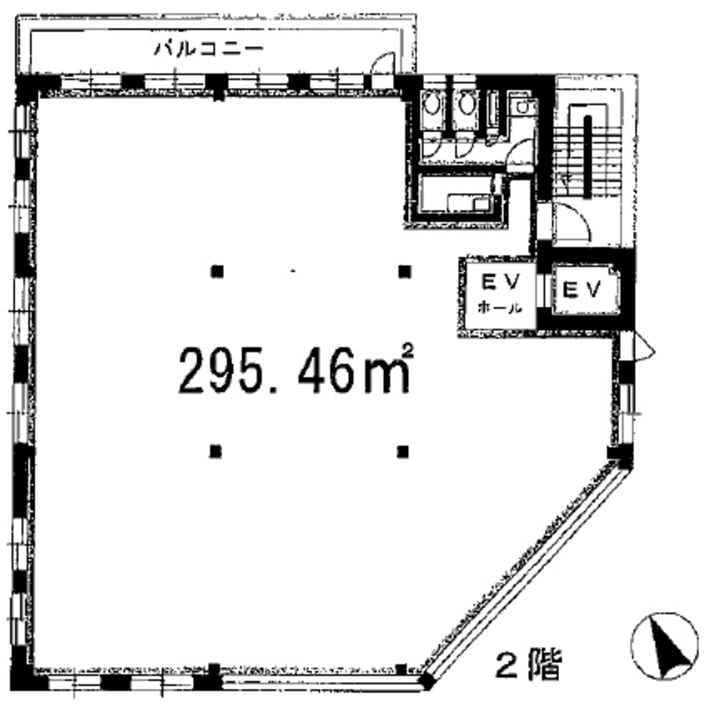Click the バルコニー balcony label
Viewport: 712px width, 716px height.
point(209,48)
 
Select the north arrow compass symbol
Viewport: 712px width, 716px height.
point(664,646)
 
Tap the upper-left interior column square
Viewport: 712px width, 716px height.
point(217,272)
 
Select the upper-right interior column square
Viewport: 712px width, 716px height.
point(405,272)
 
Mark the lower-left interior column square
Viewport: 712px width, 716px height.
point(216,450)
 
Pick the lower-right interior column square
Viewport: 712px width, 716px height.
point(404,450)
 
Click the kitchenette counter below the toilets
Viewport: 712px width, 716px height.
point(459,200)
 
